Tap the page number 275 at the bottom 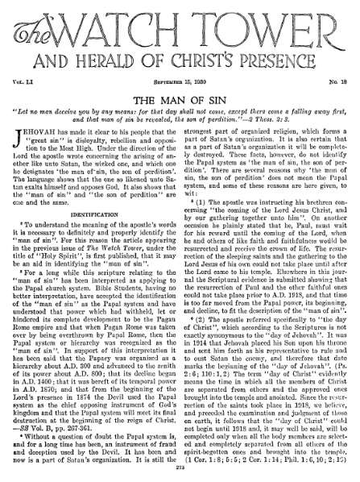[180, 473]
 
